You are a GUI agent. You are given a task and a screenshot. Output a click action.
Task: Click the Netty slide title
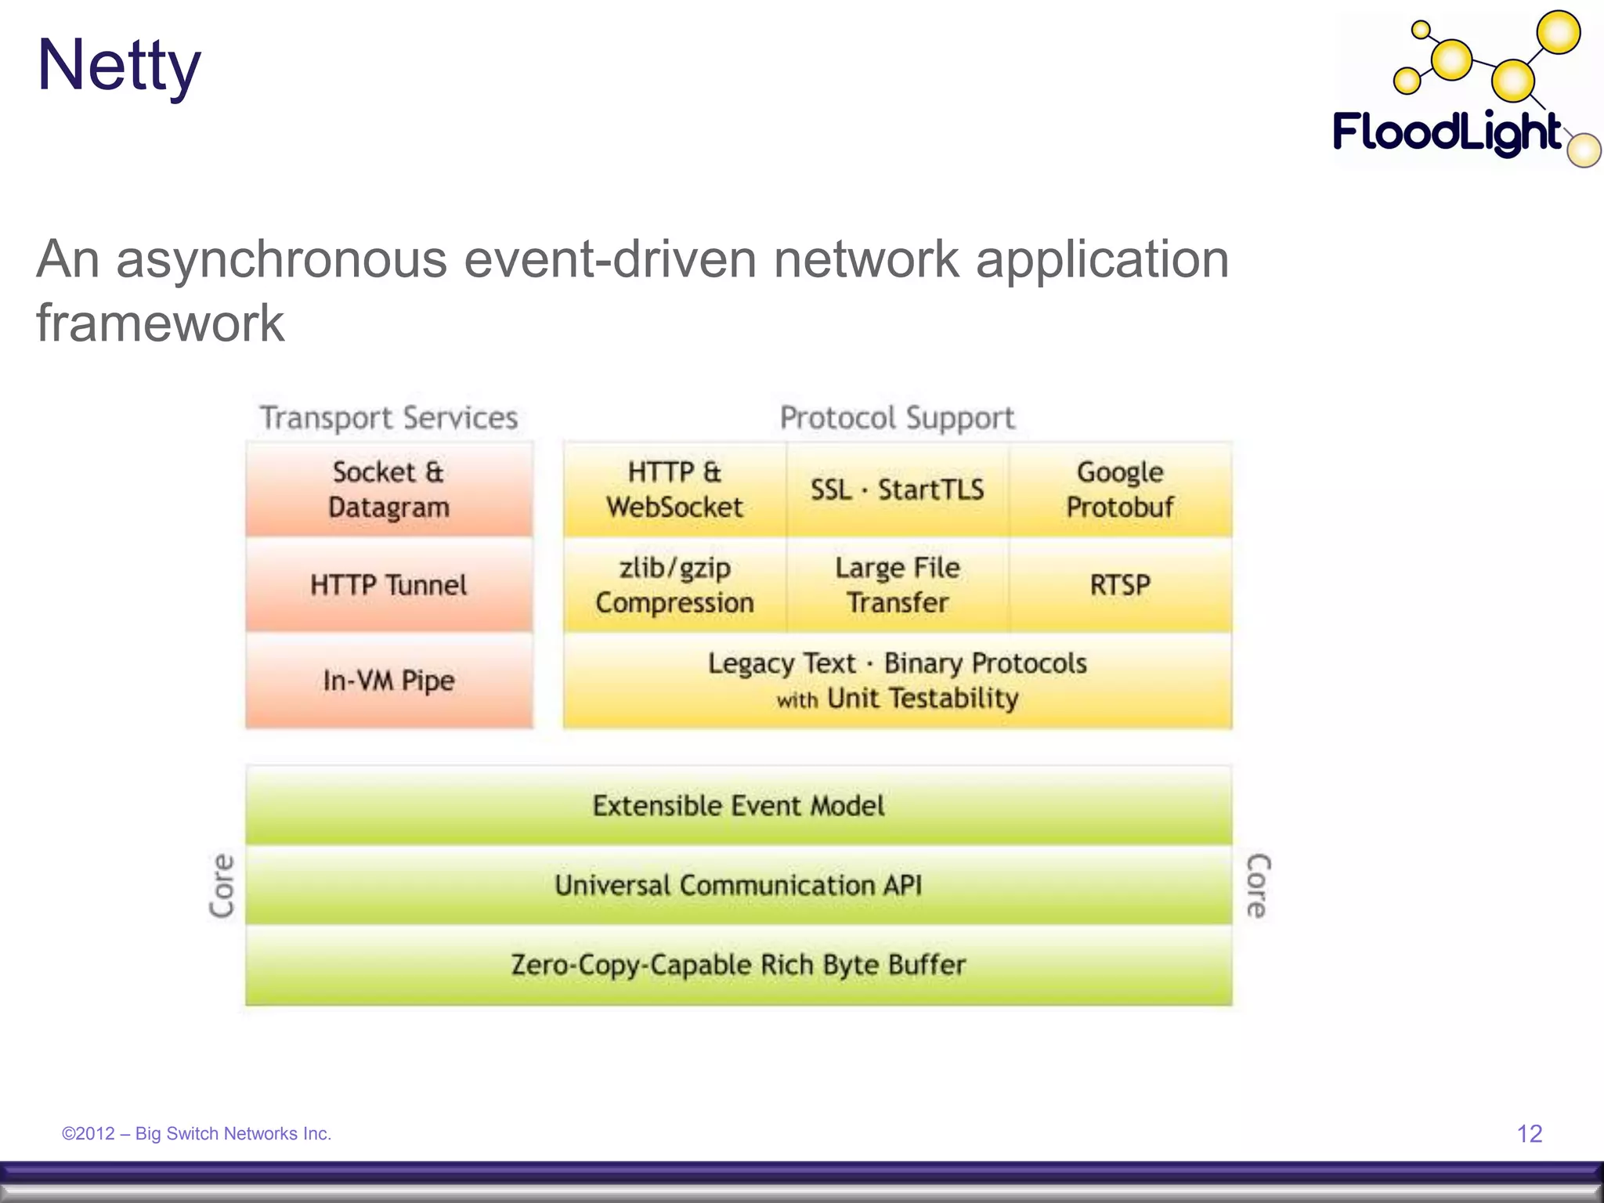coord(119,66)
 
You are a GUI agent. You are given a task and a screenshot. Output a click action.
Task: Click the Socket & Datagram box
coord(388,490)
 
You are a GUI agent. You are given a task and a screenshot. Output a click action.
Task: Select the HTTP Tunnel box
coord(388,585)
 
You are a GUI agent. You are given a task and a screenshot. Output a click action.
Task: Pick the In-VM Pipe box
coord(388,680)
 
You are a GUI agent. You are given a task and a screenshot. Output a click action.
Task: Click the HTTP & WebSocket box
coord(674,490)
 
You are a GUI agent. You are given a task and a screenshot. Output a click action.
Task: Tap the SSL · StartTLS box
coord(897,490)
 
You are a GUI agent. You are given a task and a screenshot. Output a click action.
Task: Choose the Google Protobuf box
coord(1119,490)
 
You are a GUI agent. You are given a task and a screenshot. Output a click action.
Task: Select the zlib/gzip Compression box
coord(674,585)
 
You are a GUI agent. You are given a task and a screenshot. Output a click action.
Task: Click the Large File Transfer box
coord(897,585)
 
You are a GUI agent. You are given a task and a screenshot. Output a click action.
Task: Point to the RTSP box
coord(1119,585)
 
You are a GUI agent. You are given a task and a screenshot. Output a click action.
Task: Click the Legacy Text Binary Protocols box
coord(897,680)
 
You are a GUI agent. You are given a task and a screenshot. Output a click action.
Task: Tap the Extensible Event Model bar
coord(738,806)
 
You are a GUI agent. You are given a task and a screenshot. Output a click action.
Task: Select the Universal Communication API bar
coord(738,885)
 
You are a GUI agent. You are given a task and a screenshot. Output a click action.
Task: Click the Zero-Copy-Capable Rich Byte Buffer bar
coord(738,965)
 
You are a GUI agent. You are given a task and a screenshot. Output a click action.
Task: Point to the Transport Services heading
coord(388,417)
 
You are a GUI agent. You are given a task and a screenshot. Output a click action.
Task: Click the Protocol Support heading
coord(897,417)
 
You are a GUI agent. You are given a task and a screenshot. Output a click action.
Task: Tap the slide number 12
coord(1529,1133)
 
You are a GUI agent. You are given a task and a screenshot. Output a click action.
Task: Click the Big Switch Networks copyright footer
coord(197,1133)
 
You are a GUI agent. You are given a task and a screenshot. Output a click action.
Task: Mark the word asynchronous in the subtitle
coord(281,259)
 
